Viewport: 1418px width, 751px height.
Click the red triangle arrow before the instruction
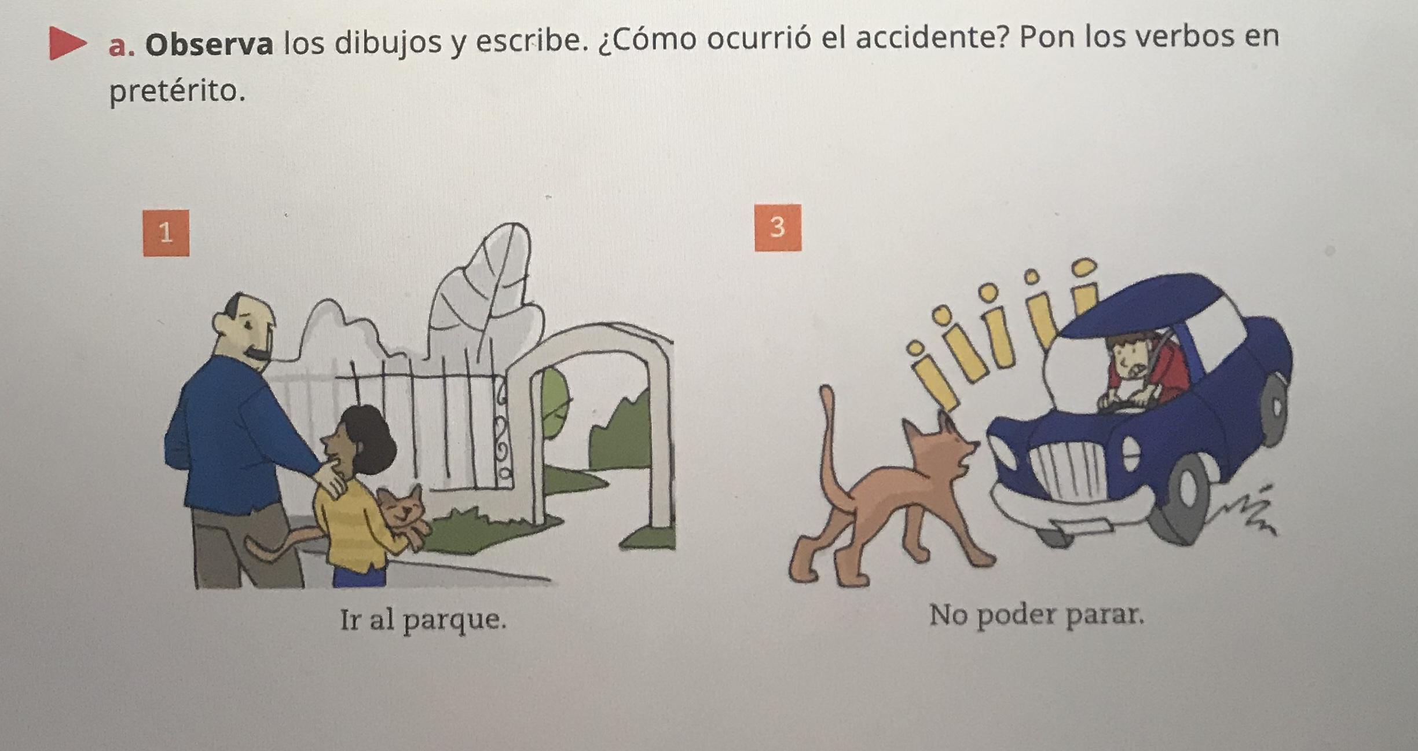point(67,43)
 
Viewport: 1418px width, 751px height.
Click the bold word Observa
point(209,45)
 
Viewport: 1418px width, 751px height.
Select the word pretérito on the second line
point(177,92)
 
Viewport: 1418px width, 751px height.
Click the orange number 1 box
point(166,233)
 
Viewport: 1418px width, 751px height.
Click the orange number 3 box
point(778,227)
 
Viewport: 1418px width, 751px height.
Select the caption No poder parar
point(1037,615)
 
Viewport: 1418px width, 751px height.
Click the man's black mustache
point(259,353)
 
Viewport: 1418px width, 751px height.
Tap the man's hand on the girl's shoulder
point(331,480)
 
